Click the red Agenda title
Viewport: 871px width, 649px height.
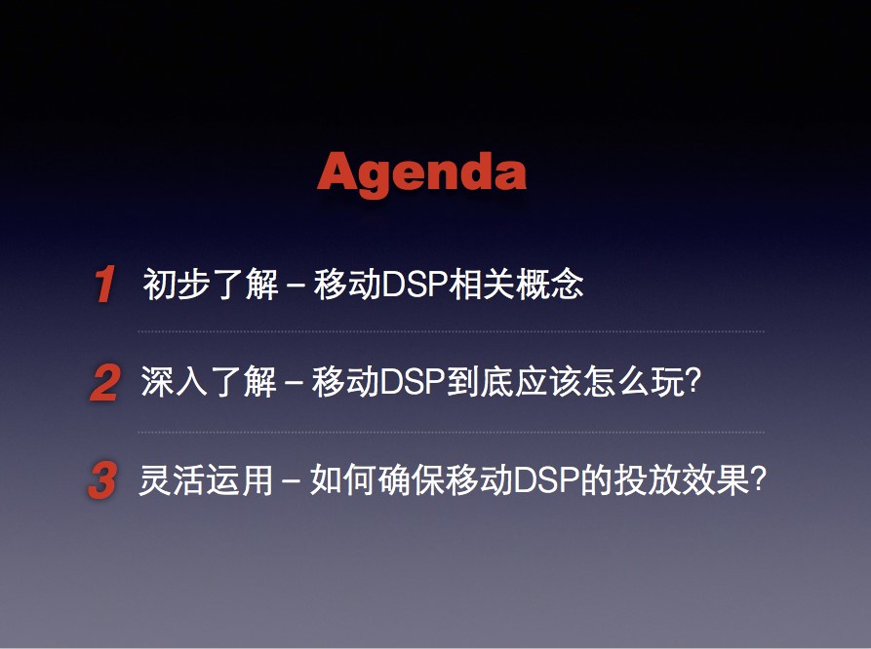pyautogui.click(x=421, y=173)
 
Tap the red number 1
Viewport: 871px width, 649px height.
pyautogui.click(x=105, y=284)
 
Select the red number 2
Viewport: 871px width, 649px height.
pyautogui.click(x=104, y=382)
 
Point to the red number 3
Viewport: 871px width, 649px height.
pyautogui.click(x=102, y=479)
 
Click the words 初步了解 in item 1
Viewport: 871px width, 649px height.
pyautogui.click(x=211, y=284)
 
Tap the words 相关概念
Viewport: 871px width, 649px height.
pyautogui.click(x=516, y=284)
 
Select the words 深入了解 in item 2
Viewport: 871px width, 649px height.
pyautogui.click(x=209, y=382)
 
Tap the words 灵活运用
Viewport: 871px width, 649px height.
pyautogui.click(x=206, y=479)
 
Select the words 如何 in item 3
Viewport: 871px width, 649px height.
pyautogui.click(x=343, y=479)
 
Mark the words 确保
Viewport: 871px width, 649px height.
pyautogui.click(x=411, y=479)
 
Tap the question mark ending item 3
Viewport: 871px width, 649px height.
pyautogui.click(x=758, y=479)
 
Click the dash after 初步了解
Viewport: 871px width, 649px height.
pyautogui.click(x=297, y=286)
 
